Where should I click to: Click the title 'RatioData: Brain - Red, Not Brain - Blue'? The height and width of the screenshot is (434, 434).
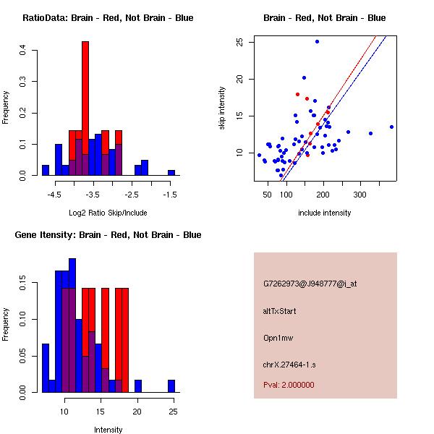pyautogui.click(x=108, y=17)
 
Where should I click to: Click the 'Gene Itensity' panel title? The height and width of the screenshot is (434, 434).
pyautogui.click(x=108, y=234)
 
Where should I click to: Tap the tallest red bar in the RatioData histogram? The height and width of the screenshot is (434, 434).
pyautogui.click(x=85, y=101)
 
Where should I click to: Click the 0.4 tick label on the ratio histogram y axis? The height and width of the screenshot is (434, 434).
pyautogui.click(x=24, y=51)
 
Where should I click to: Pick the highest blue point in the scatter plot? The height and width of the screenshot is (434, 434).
pyautogui.click(x=317, y=41)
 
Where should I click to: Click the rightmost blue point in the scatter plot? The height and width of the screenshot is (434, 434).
pyautogui.click(x=391, y=127)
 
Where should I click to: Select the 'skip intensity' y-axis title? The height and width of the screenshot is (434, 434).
pyautogui.click(x=222, y=109)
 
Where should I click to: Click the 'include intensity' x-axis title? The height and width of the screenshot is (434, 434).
pyautogui.click(x=325, y=213)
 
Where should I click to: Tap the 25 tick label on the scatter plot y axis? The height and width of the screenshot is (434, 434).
pyautogui.click(x=239, y=42)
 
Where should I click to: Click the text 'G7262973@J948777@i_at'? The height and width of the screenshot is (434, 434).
pyautogui.click(x=310, y=284)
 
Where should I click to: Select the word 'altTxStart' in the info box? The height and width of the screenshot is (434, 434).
pyautogui.click(x=280, y=311)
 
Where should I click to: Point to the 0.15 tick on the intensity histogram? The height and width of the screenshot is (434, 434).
pyautogui.click(x=24, y=286)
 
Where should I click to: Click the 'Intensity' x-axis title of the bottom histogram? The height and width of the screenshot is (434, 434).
pyautogui.click(x=108, y=430)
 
